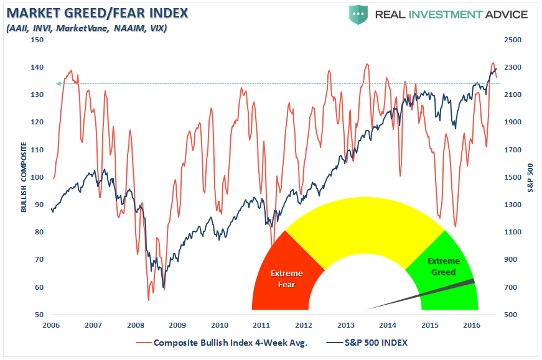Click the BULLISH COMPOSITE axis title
pyautogui.click(x=24, y=178)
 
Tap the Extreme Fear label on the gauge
pyautogui.click(x=286, y=279)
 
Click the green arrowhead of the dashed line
pyautogui.click(x=58, y=83)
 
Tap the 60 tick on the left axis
pyautogui.click(x=39, y=287)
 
